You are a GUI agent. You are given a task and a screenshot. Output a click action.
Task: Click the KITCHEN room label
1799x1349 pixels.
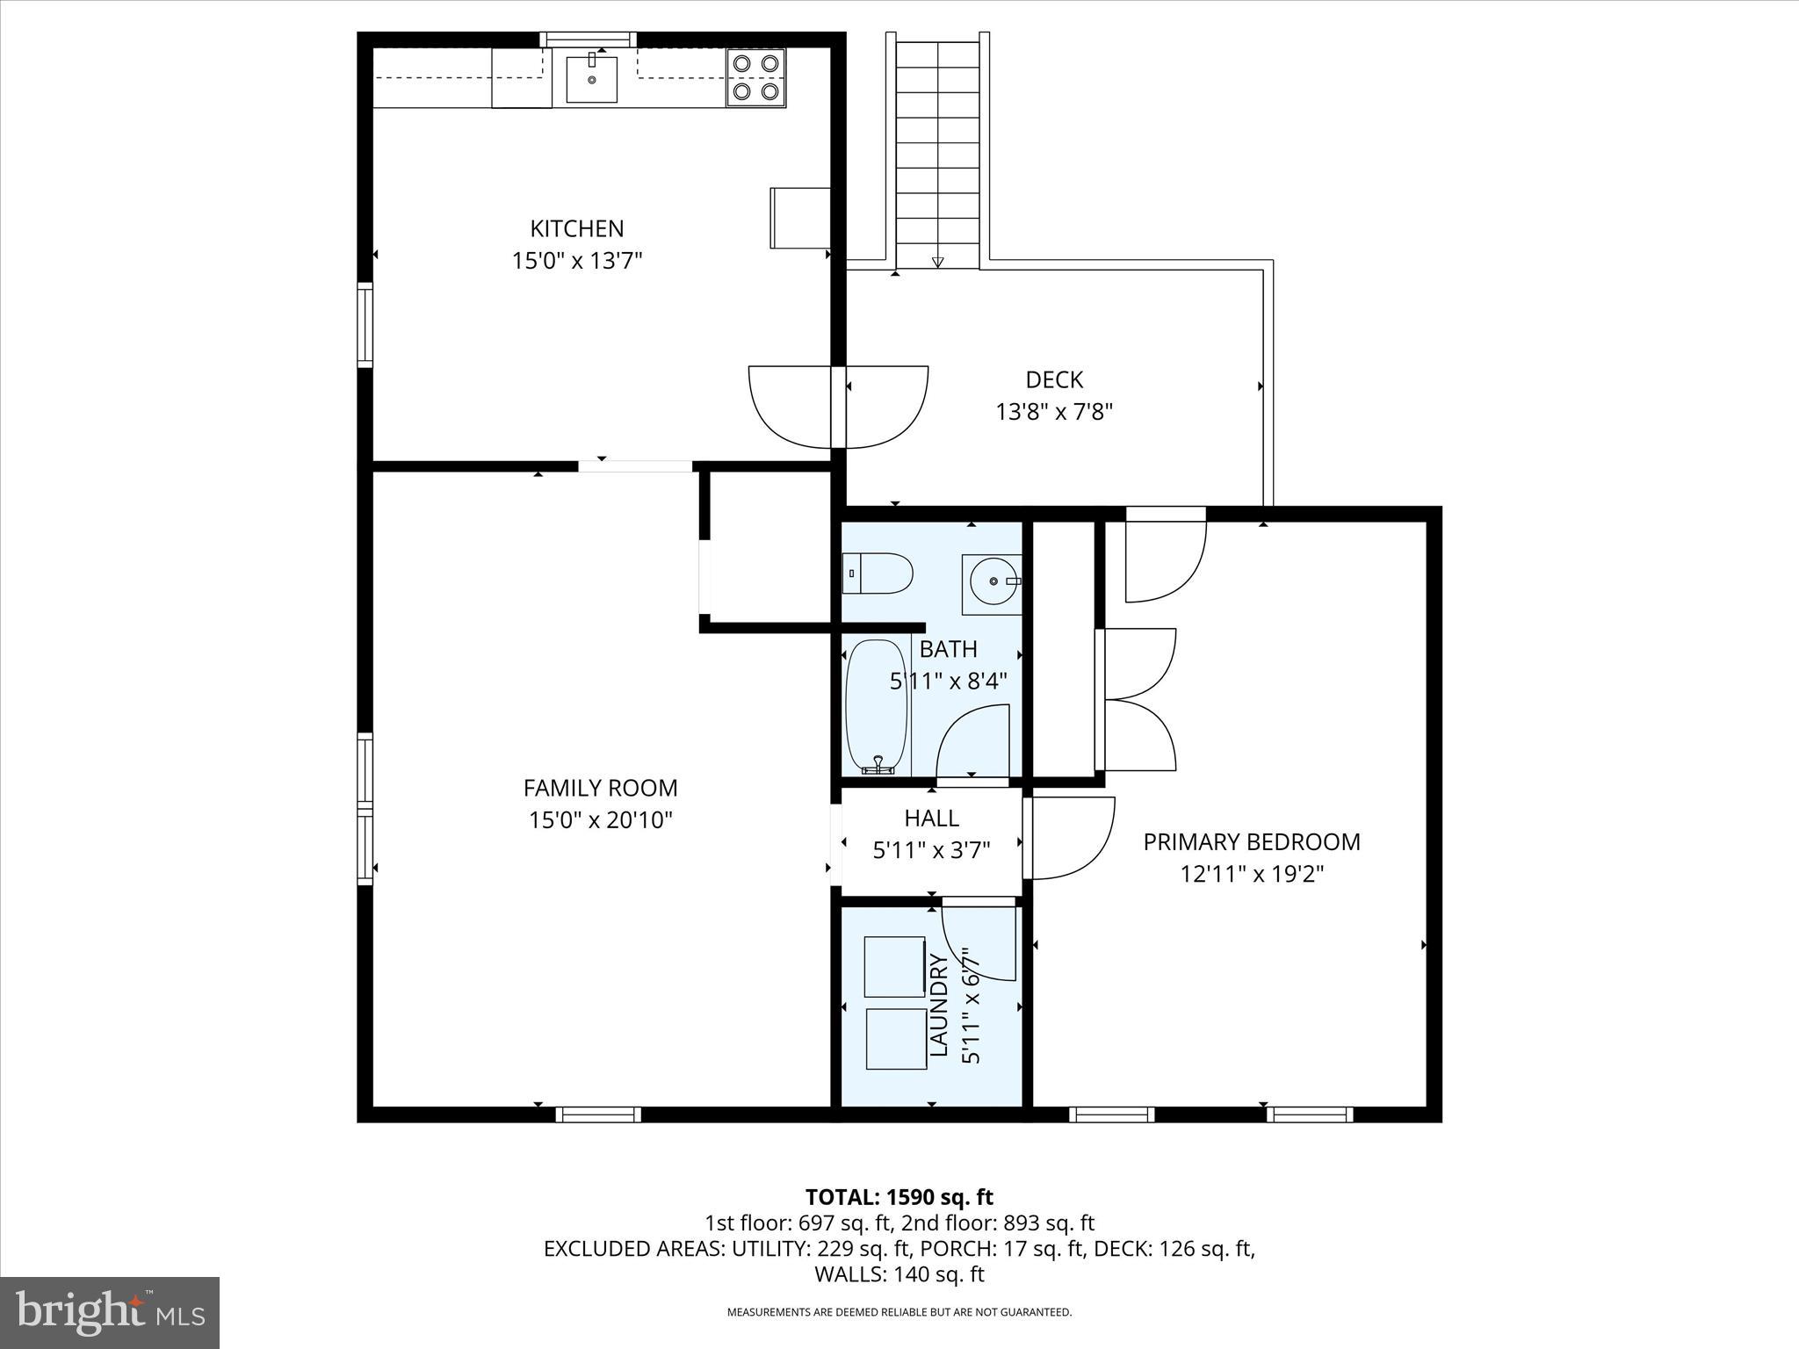pos(576,228)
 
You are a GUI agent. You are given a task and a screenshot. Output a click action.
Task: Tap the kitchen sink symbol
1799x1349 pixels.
pos(591,80)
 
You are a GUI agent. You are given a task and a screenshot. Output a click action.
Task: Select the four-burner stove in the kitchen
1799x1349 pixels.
pos(756,76)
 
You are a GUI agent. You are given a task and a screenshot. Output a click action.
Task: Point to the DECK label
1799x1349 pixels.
pos(1054,379)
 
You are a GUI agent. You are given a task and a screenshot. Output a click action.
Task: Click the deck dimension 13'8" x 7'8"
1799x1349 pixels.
pos(1054,412)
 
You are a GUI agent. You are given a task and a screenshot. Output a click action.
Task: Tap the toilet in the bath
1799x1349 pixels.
pos(878,574)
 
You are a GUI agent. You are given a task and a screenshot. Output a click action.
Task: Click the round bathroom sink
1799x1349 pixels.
pos(992,583)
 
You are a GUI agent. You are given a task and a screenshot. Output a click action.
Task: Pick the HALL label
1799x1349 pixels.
pos(931,818)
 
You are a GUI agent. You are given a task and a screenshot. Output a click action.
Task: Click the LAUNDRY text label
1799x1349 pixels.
pos(939,1006)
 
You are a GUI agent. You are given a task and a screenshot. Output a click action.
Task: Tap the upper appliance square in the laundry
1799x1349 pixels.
pos(894,966)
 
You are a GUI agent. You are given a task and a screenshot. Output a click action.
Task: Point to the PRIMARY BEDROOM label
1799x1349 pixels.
pos(1251,841)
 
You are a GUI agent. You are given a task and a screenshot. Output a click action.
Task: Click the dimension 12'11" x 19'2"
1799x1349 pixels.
pos(1251,874)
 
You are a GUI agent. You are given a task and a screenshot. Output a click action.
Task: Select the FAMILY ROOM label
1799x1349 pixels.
pos(600,788)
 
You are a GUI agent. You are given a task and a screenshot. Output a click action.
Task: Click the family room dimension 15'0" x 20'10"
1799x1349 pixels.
pos(600,820)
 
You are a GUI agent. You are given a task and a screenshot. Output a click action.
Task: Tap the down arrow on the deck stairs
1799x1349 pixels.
pos(937,261)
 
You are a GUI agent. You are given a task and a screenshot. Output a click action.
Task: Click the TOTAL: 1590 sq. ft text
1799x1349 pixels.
pos(899,1197)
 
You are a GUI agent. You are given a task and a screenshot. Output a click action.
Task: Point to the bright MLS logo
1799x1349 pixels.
pos(110,1313)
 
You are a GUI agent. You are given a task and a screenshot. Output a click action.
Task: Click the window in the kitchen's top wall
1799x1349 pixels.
pos(588,39)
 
